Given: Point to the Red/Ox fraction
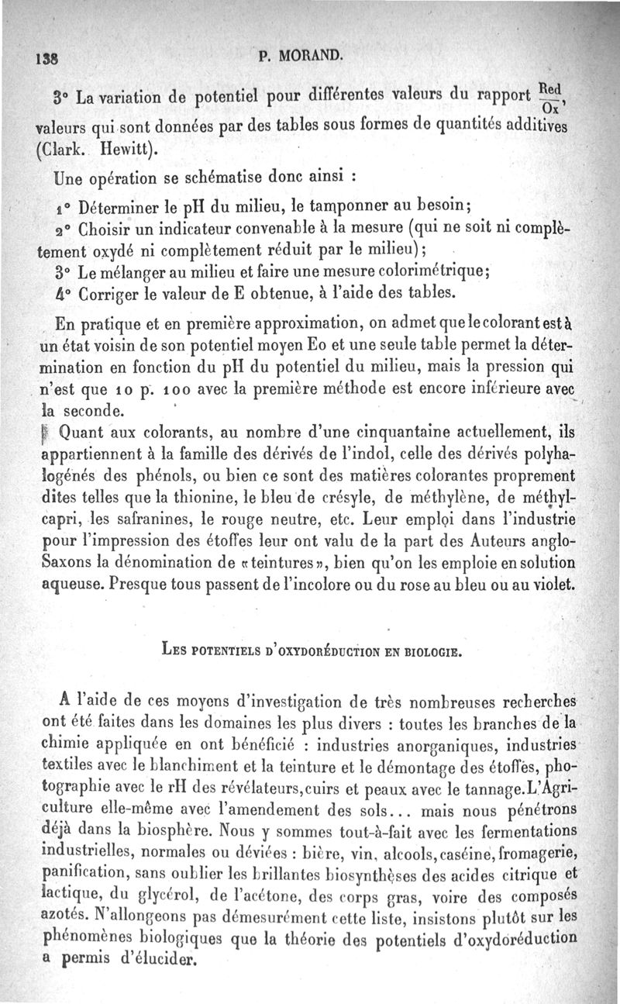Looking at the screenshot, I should [549, 99].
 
